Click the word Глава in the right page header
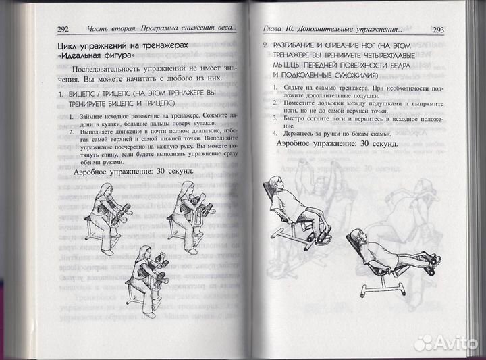tap(273, 29)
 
